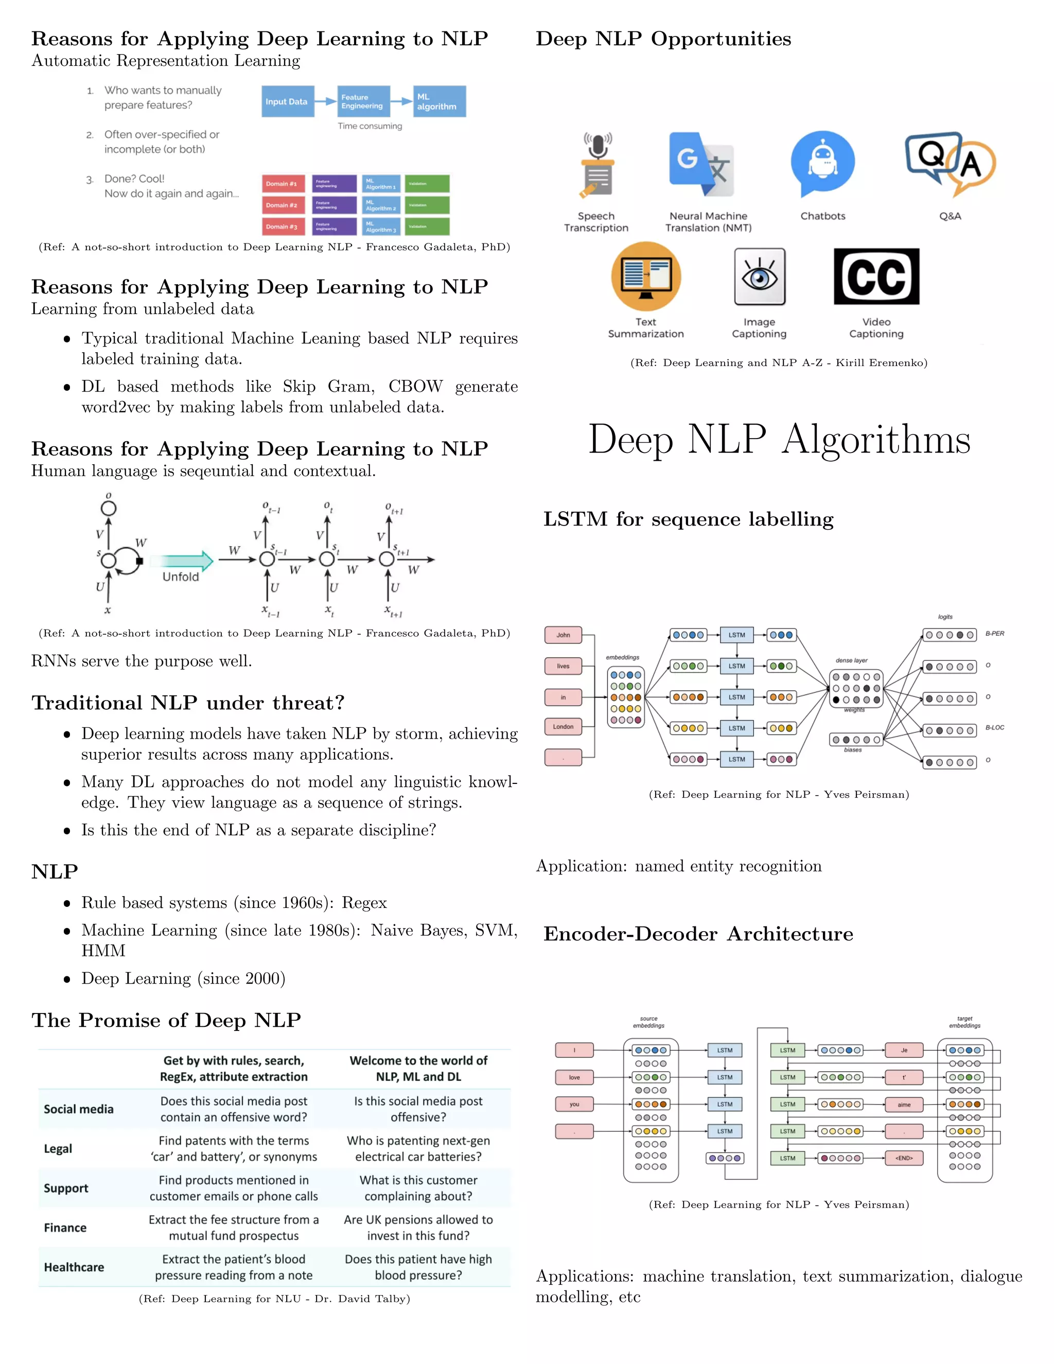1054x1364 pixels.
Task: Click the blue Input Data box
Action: [x=287, y=101]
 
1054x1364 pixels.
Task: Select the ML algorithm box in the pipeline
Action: [x=439, y=101]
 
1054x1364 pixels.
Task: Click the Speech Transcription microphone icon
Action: [x=597, y=166]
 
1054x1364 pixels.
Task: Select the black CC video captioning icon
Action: [x=876, y=277]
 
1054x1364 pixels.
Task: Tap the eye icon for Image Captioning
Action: [x=759, y=277]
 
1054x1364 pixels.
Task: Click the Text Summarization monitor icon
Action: [x=646, y=277]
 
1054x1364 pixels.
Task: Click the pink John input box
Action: [x=563, y=635]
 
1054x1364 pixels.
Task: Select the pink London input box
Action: [x=563, y=726]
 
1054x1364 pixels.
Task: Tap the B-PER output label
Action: [x=995, y=633]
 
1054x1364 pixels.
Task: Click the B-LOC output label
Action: [x=995, y=728]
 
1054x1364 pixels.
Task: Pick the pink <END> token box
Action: [x=904, y=1158]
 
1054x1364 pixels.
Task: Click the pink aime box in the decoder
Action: [x=904, y=1104]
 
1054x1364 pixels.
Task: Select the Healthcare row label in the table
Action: [x=74, y=1267]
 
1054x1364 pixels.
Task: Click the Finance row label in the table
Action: [x=65, y=1228]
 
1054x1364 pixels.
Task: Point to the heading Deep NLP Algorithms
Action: [x=779, y=439]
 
